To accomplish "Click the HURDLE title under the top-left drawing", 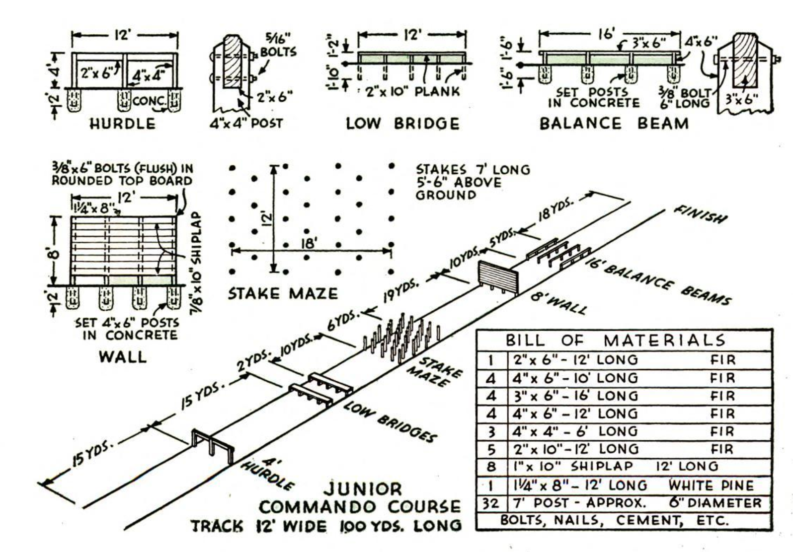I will point(122,124).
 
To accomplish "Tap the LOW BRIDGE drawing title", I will point(402,124).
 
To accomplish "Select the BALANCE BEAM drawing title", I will point(614,124).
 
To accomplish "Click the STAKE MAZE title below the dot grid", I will point(282,293).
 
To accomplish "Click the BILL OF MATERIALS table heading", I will point(615,341).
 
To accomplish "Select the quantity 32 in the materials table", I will point(490,503).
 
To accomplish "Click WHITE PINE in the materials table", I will point(711,485).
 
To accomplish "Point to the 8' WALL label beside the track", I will point(558,304).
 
